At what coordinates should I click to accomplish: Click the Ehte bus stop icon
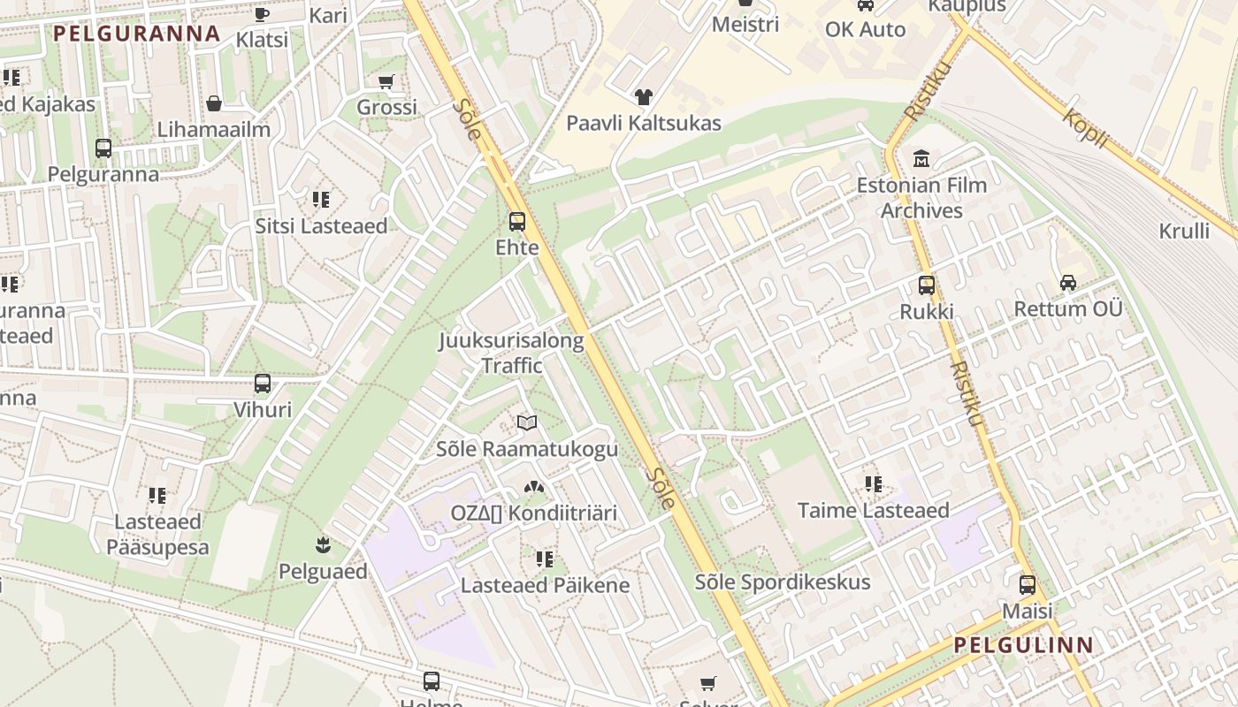point(517,222)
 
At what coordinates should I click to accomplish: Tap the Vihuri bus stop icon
point(263,384)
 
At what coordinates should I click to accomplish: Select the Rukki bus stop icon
point(927,285)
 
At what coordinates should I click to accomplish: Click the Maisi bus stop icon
point(1028,584)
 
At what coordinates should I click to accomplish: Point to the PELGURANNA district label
point(136,34)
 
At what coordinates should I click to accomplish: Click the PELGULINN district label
point(1024,644)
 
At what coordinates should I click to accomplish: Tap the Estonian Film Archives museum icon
point(921,159)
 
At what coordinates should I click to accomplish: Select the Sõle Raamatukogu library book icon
point(527,422)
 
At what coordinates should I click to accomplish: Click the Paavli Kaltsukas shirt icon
point(643,96)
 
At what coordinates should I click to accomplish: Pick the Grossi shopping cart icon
point(386,81)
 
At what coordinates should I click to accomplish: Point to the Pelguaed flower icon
point(323,544)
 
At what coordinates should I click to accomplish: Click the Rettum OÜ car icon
point(1068,283)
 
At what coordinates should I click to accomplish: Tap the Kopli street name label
point(1085,128)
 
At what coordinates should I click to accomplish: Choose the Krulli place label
point(1184,232)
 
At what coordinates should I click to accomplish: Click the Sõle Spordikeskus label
point(783,582)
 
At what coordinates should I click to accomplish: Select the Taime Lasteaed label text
point(873,510)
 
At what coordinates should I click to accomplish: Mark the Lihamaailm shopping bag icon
point(213,103)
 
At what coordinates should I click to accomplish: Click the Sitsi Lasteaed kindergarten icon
point(321,200)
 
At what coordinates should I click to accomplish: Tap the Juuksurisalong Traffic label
point(512,353)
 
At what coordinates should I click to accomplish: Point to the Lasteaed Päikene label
point(545,585)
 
